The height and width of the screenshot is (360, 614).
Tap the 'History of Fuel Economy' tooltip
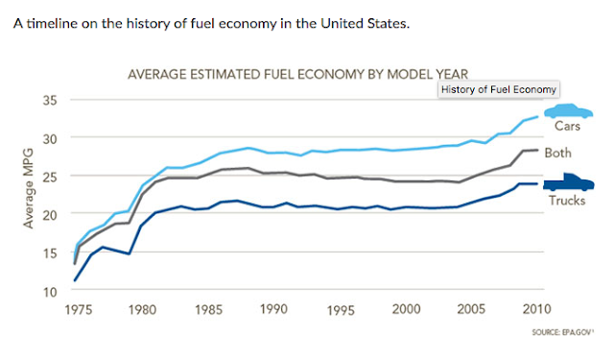[x=499, y=88]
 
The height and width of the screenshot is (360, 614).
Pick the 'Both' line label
[x=557, y=153]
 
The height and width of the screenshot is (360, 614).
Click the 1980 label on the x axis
[x=142, y=310]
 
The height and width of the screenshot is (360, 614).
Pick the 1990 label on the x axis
[x=274, y=310]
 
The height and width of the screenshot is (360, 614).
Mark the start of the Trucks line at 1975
[x=76, y=280]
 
